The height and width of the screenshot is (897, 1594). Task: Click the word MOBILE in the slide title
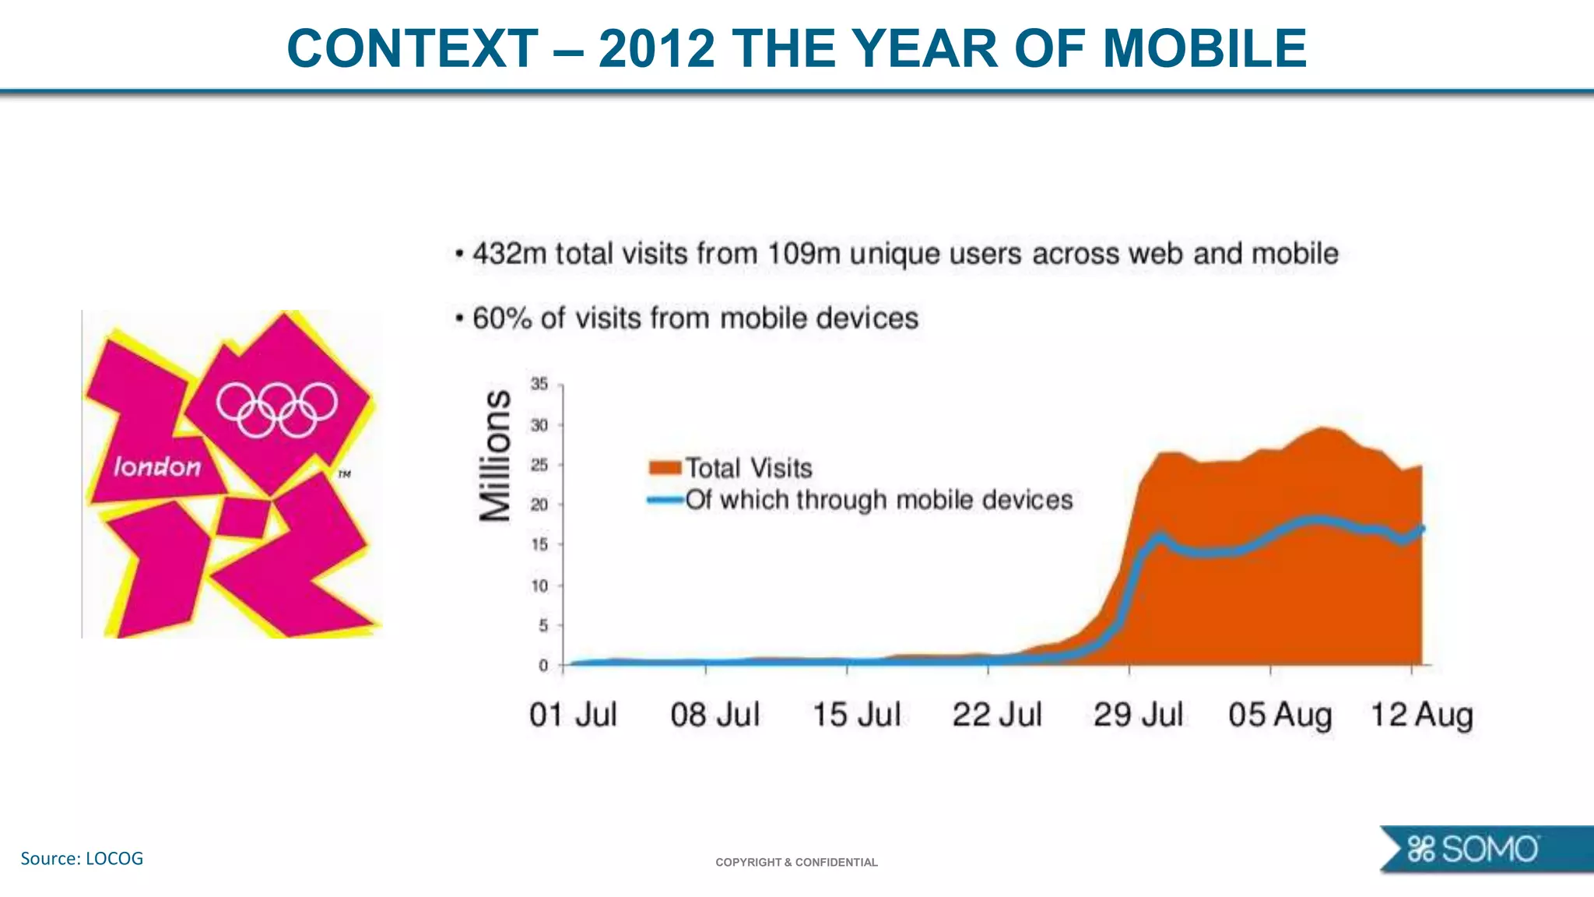coord(1204,48)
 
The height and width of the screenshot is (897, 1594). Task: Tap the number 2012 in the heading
coord(656,48)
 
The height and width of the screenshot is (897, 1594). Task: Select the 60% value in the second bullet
coord(502,318)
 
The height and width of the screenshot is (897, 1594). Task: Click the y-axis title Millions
coord(496,456)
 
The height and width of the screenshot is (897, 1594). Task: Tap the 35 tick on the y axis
coord(539,384)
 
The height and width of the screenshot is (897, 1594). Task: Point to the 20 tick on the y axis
coord(539,505)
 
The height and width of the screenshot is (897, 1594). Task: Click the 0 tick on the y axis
coord(543,666)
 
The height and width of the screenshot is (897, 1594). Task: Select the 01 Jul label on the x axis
coord(573,715)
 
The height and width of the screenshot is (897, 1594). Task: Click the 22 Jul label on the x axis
coord(997,715)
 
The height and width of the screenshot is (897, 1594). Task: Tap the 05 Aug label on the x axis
coord(1280,715)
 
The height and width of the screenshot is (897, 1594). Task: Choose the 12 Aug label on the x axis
coord(1421,715)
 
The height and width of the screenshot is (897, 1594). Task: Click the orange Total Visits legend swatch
coord(665,467)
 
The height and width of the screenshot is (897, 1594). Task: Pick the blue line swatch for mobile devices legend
coord(665,500)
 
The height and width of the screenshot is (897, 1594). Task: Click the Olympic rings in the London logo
coord(277,410)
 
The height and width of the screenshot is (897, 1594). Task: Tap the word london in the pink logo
coord(157,467)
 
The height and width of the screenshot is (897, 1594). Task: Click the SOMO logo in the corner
coord(1473,850)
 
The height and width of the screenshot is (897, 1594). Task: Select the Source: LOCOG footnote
coord(82,858)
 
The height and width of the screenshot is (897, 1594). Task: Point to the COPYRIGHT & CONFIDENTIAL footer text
coord(796,862)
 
